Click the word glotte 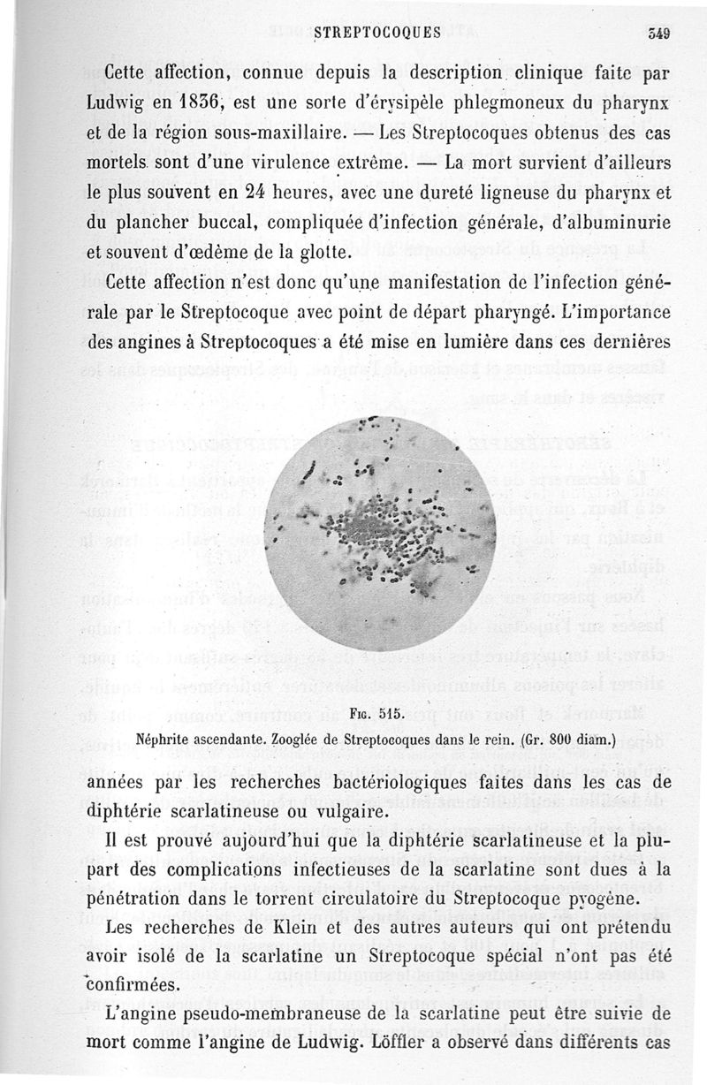click(308, 253)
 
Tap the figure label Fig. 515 click(376, 714)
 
